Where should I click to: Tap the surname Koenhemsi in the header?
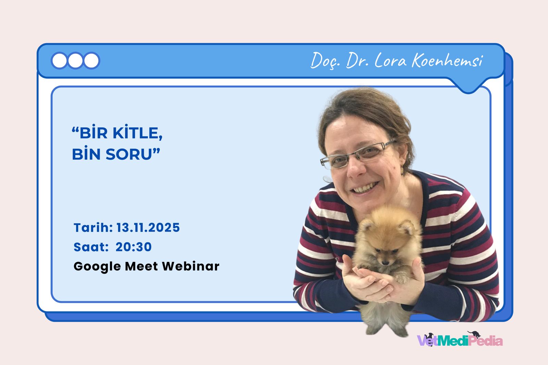[447, 61]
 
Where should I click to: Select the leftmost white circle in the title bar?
[60, 61]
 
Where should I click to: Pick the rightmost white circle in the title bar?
[91, 61]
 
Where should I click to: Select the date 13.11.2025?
[148, 228]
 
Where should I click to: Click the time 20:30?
[134, 247]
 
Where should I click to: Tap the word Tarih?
[92, 228]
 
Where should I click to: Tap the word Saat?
[90, 247]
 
